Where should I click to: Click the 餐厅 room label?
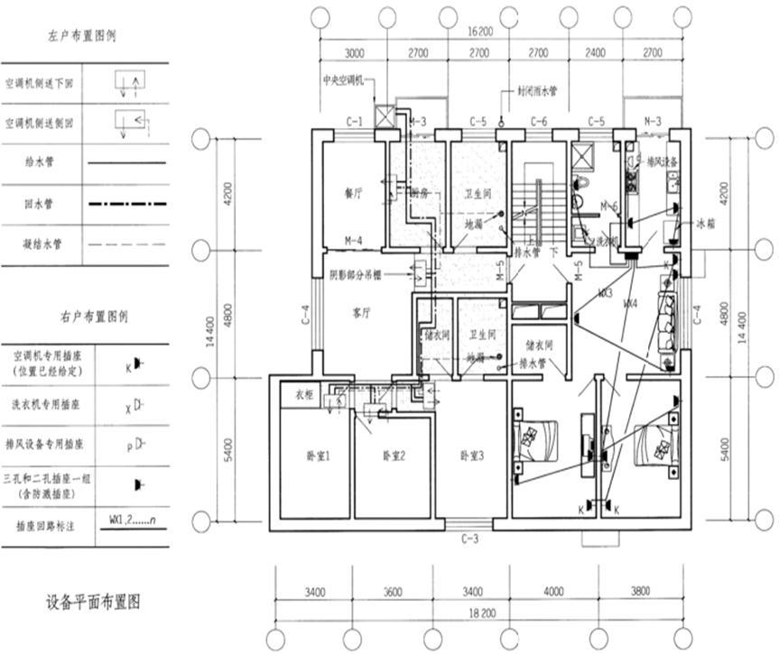(x=353, y=193)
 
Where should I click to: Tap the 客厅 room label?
(x=362, y=313)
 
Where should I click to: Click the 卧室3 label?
(x=470, y=456)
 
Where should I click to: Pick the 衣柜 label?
(x=302, y=394)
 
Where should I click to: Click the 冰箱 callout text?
(x=705, y=224)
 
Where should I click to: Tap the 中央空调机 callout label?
(x=342, y=81)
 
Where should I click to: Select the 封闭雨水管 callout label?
(x=537, y=91)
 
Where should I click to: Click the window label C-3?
(x=469, y=539)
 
